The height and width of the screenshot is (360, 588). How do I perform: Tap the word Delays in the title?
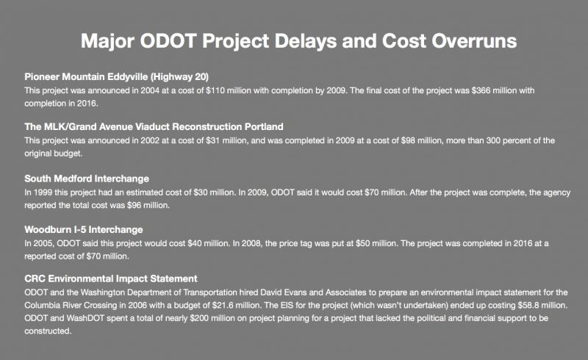tap(304, 41)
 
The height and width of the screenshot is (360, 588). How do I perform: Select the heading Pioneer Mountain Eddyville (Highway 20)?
tap(117, 77)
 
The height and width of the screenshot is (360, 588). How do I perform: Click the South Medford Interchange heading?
tap(87, 179)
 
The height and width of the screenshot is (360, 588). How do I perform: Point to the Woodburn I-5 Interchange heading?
tap(84, 229)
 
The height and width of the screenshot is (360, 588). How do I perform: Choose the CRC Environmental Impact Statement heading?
tap(111, 278)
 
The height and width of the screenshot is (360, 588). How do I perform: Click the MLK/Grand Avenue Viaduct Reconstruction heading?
tap(154, 127)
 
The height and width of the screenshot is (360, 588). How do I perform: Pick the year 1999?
tap(43, 192)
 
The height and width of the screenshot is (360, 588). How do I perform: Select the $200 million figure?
tap(212, 318)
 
